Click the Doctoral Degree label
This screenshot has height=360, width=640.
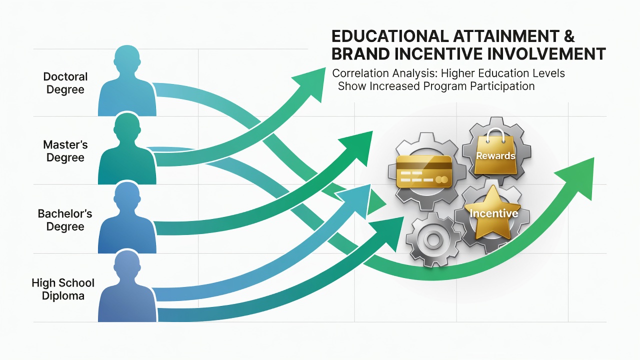65,83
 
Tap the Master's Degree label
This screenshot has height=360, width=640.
65,151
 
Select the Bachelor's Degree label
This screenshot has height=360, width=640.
65,220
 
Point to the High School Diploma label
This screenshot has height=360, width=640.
63,289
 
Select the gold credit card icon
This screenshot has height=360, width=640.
424,171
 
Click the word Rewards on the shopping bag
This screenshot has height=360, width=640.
495,155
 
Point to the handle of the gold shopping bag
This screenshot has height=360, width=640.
495,135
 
